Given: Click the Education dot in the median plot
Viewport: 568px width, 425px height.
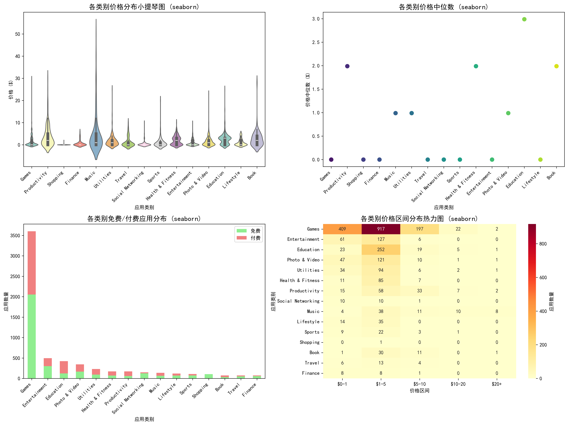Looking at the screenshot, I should pyautogui.click(x=524, y=19).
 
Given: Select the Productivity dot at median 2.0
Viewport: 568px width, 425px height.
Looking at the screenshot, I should pyautogui.click(x=347, y=66).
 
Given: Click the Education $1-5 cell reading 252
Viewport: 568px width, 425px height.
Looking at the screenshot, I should pyautogui.click(x=381, y=250).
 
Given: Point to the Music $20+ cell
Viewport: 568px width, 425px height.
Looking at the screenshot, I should pyautogui.click(x=497, y=311).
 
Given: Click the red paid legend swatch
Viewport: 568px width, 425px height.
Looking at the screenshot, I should pyautogui.click(x=241, y=238).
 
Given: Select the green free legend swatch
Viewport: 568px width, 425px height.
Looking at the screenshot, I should pyautogui.click(x=241, y=231).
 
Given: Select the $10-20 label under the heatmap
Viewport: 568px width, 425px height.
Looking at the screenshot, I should pyautogui.click(x=458, y=384).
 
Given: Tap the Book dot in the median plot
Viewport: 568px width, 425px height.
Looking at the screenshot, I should pyautogui.click(x=556, y=66).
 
